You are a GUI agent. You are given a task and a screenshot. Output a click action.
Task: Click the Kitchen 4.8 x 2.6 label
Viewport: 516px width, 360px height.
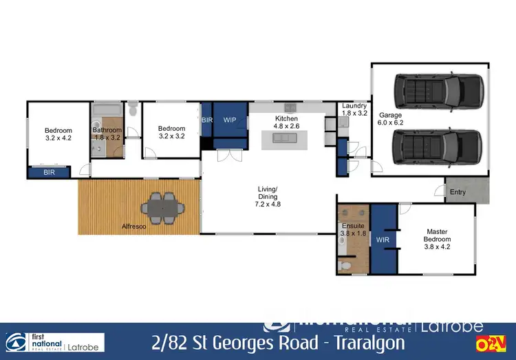coord(286,123)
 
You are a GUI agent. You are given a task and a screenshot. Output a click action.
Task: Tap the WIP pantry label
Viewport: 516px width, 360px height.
coord(230,120)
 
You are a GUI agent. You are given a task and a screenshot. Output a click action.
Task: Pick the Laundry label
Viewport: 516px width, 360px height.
coord(354,109)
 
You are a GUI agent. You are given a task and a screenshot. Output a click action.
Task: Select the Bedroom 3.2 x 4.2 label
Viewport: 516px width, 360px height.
coord(58,134)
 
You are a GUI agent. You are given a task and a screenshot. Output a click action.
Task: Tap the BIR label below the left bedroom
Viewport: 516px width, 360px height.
coord(49,172)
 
